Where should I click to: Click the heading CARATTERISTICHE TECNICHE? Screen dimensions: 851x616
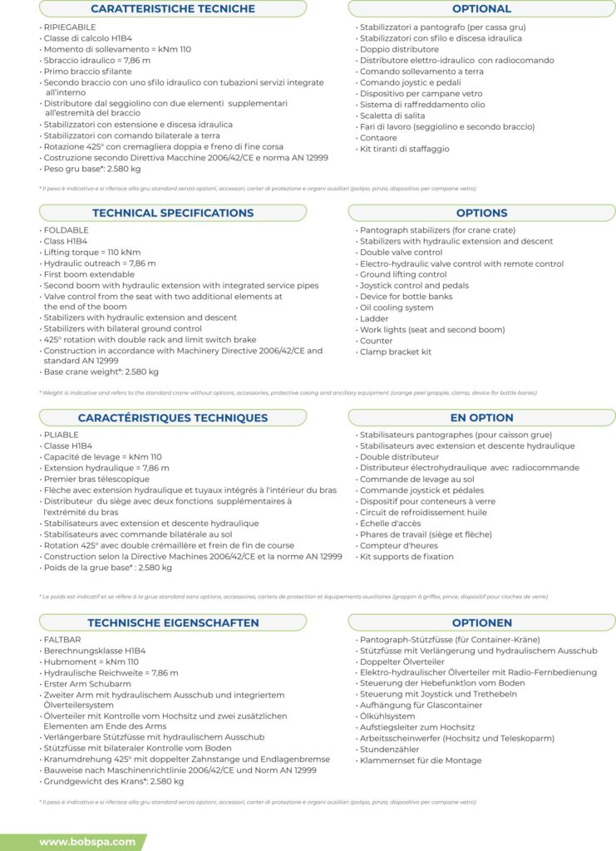point(173,8)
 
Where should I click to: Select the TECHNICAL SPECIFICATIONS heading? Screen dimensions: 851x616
point(173,213)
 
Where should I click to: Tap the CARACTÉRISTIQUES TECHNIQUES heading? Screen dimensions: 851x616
point(173,417)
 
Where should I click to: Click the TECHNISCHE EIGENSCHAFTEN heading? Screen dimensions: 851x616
point(173,622)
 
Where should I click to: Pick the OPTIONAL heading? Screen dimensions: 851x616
point(481,8)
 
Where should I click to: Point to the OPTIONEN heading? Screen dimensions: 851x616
point(481,622)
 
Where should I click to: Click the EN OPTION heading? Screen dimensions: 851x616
point(481,417)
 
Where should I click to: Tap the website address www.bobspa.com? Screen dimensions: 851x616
point(86,842)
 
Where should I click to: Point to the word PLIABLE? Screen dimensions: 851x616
point(62,435)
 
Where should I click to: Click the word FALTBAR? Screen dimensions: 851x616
point(62,639)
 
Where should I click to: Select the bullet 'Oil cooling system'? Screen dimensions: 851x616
point(397,307)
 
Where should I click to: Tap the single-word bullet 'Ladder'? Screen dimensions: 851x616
point(373,318)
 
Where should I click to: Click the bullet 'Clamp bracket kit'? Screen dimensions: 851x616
point(396,352)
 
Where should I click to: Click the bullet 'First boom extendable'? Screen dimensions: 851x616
point(89,274)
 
